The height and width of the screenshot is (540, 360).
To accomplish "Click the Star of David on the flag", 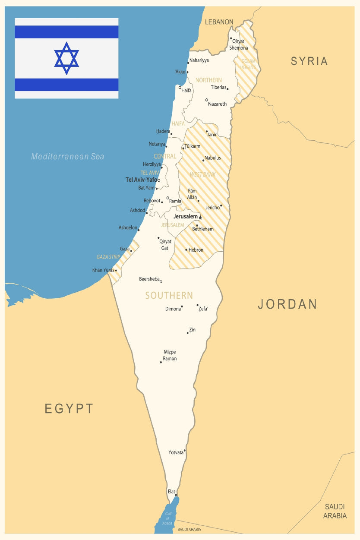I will (x=66, y=58).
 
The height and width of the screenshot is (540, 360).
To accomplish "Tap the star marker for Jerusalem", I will (x=200, y=217).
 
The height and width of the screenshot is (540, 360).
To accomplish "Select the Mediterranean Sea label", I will (x=68, y=157).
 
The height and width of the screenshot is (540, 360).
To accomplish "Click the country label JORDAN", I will (x=287, y=304).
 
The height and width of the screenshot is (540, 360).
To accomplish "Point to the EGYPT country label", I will (x=69, y=408).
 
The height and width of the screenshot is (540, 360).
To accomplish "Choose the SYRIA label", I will (x=309, y=61).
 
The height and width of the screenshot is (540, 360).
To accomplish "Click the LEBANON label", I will (x=219, y=22).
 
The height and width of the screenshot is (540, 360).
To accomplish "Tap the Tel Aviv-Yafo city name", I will (x=142, y=180).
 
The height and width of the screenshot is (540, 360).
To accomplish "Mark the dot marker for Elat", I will (x=176, y=495).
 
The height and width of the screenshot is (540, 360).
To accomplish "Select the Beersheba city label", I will (x=149, y=279).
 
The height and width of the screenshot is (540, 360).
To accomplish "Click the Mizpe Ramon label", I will (x=170, y=355).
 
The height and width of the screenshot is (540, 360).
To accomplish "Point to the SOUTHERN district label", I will (x=169, y=295).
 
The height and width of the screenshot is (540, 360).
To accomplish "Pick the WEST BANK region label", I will (x=202, y=174).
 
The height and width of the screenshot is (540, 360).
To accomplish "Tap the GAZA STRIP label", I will (x=108, y=257).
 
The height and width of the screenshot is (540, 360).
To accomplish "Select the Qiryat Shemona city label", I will (x=239, y=44).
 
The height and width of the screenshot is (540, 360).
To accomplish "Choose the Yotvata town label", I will (x=176, y=452).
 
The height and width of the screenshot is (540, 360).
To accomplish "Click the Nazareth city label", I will (x=217, y=104).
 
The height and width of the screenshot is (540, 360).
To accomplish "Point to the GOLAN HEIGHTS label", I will (x=248, y=64).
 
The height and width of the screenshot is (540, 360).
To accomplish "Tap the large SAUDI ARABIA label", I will (x=335, y=511).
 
